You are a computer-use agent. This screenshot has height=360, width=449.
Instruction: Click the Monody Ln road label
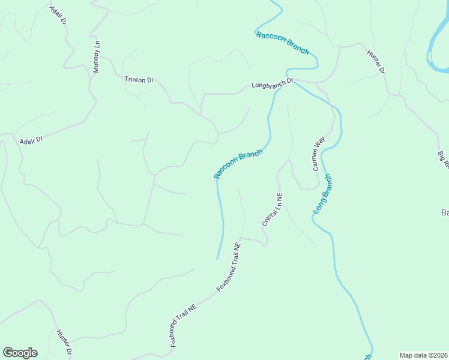(97, 56)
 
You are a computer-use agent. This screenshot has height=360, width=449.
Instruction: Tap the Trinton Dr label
(139, 80)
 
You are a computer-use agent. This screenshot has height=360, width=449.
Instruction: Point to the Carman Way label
(318, 154)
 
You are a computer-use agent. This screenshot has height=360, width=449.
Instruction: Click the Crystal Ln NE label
(272, 209)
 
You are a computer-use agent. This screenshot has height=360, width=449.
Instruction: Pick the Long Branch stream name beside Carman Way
(322, 194)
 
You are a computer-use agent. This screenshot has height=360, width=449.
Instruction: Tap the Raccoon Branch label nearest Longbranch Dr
(282, 43)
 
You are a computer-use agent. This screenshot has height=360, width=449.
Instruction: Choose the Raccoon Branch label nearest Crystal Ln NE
(238, 163)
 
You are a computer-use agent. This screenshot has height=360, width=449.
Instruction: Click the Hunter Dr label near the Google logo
(64, 342)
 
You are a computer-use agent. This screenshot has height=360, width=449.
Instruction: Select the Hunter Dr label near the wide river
(376, 62)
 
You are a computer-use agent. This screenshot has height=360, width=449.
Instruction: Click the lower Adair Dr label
(31, 141)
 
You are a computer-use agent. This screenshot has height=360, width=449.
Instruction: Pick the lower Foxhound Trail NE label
(183, 325)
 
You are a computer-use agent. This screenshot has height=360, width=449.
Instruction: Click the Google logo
(20, 353)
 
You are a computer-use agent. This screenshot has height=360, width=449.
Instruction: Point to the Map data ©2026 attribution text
(424, 355)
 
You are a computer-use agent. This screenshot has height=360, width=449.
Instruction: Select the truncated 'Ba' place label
(445, 212)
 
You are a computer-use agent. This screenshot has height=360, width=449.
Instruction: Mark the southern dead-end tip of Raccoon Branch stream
(217, 259)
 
